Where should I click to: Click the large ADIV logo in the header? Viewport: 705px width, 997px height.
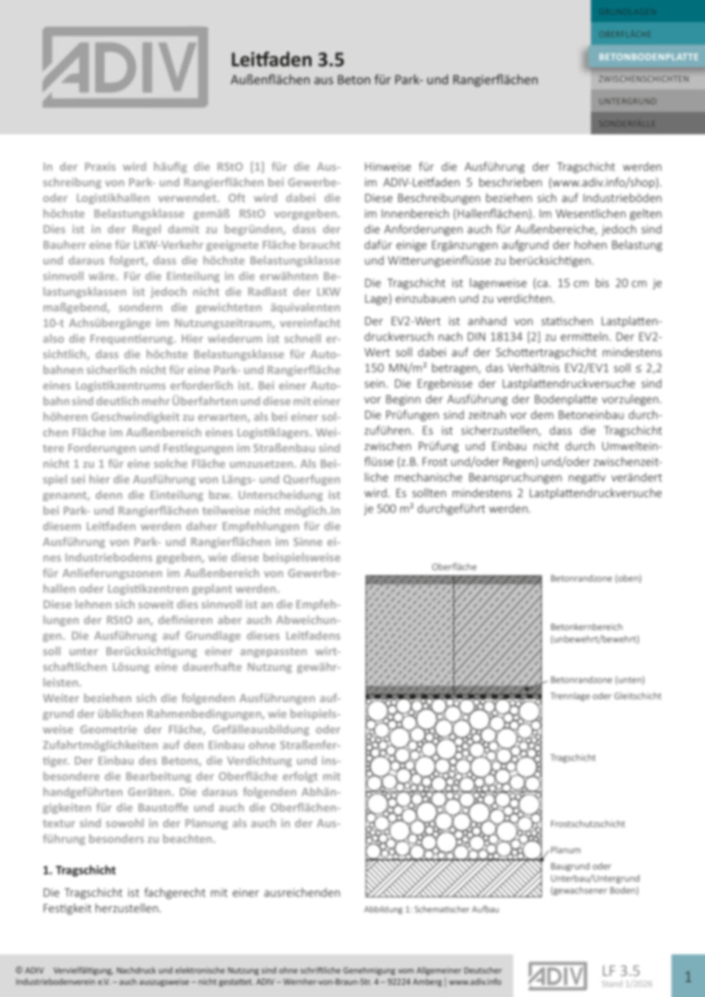[x=125, y=67]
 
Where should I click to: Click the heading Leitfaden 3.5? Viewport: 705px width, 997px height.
[x=287, y=59]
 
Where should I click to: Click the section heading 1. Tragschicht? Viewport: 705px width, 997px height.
[x=79, y=870]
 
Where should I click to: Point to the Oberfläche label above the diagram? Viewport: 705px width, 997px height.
[x=454, y=567]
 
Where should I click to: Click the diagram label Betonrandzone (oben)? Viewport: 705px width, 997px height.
[x=595, y=578]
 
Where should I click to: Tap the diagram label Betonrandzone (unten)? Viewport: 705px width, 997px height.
[x=597, y=680]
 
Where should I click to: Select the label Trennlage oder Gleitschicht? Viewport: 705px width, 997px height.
[x=605, y=696]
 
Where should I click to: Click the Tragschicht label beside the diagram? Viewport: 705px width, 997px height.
[x=573, y=757]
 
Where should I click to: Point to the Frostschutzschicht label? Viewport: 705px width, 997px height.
[x=587, y=824]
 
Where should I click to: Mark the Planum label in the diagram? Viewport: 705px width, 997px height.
[x=565, y=850]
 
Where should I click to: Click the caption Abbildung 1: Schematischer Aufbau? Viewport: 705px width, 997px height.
[x=431, y=909]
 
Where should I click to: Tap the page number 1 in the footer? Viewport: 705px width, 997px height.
[x=688, y=976]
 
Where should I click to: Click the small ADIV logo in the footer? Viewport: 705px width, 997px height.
[x=557, y=976]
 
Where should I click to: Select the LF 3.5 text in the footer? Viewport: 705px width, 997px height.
[x=621, y=970]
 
